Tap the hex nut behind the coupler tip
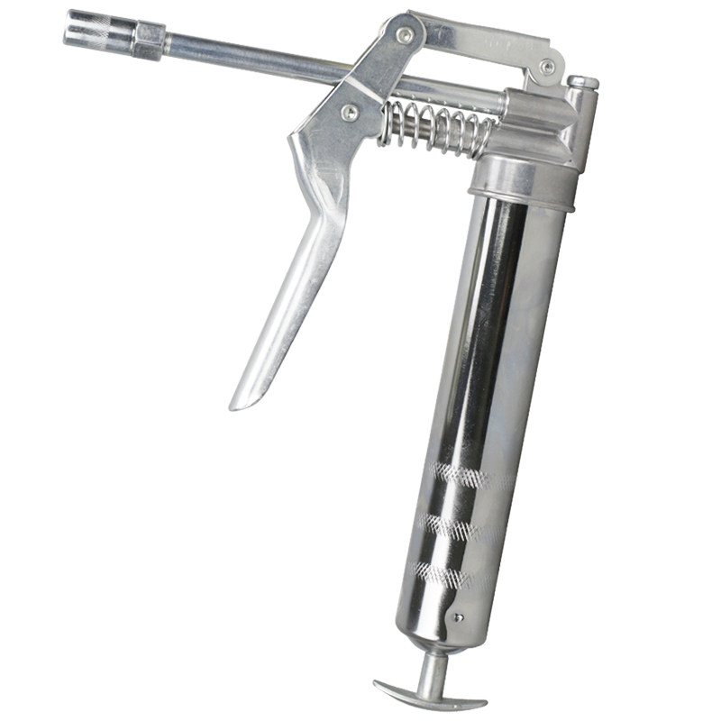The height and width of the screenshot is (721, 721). point(149,41)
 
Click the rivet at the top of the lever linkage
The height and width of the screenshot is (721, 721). point(405,35)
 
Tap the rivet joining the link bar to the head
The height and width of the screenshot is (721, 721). point(546,66)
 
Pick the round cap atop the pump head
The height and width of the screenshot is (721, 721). point(583,83)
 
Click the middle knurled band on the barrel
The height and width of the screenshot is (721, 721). point(455,525)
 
